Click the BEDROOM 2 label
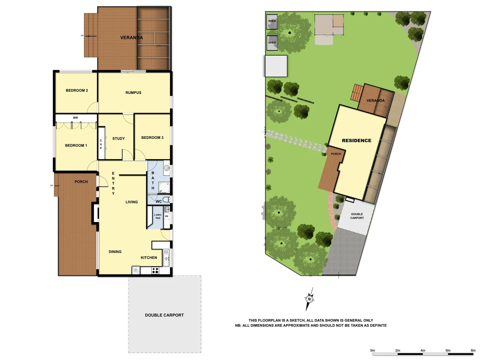pyautogui.click(x=77, y=90)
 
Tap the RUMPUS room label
pyautogui.click(x=133, y=93)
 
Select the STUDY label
pyautogui.click(x=118, y=139)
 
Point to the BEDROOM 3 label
pyautogui.click(x=152, y=138)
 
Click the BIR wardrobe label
pyautogui.click(x=76, y=118)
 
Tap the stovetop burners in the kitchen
pyautogui.click(x=155, y=270)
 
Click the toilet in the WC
pyautogui.click(x=167, y=199)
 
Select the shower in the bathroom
pyautogui.click(x=164, y=187)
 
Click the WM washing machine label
pyautogui.click(x=166, y=216)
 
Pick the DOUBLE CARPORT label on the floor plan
pyautogui.click(x=164, y=315)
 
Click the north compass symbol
pyautogui.click(x=310, y=299)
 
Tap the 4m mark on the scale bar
pyautogui.click(x=423, y=351)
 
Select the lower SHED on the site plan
pyautogui.click(x=272, y=43)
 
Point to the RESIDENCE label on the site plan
pyautogui.click(x=356, y=141)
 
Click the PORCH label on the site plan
pyautogui.click(x=336, y=154)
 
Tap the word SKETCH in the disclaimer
pyautogui.click(x=297, y=320)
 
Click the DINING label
pyautogui.click(x=115, y=252)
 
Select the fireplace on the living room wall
pyautogui.click(x=95, y=213)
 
